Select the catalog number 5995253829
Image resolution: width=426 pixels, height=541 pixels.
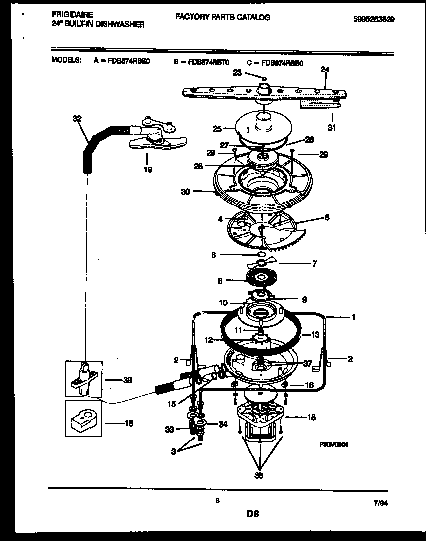pyautogui.click(x=375, y=19)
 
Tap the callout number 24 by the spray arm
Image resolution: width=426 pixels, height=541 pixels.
pyautogui.click(x=324, y=69)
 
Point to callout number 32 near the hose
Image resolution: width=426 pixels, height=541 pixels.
pyautogui.click(x=77, y=119)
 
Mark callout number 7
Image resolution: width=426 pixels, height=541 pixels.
pyautogui.click(x=314, y=264)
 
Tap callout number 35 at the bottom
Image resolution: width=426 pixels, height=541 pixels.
pyautogui.click(x=259, y=475)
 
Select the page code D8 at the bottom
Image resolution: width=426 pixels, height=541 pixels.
pyautogui.click(x=253, y=514)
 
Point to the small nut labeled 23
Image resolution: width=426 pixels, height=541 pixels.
pyautogui.click(x=264, y=78)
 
